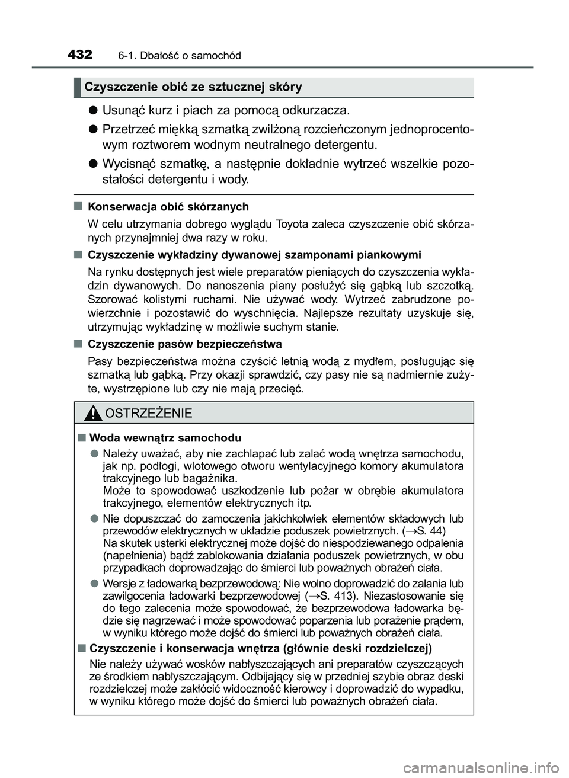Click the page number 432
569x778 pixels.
click(80, 55)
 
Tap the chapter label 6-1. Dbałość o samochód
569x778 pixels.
click(179, 56)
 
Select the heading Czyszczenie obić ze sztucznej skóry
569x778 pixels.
click(193, 87)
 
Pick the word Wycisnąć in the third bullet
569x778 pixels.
click(130, 164)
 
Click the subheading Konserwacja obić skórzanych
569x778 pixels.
click(168, 207)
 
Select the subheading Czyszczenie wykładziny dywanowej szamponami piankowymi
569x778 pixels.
click(254, 255)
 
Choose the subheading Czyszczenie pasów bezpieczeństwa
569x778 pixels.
click(184, 344)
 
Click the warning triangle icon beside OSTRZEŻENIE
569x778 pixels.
click(92, 413)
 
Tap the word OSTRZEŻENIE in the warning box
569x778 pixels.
click(148, 413)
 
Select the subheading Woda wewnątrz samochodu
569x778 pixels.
click(164, 438)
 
